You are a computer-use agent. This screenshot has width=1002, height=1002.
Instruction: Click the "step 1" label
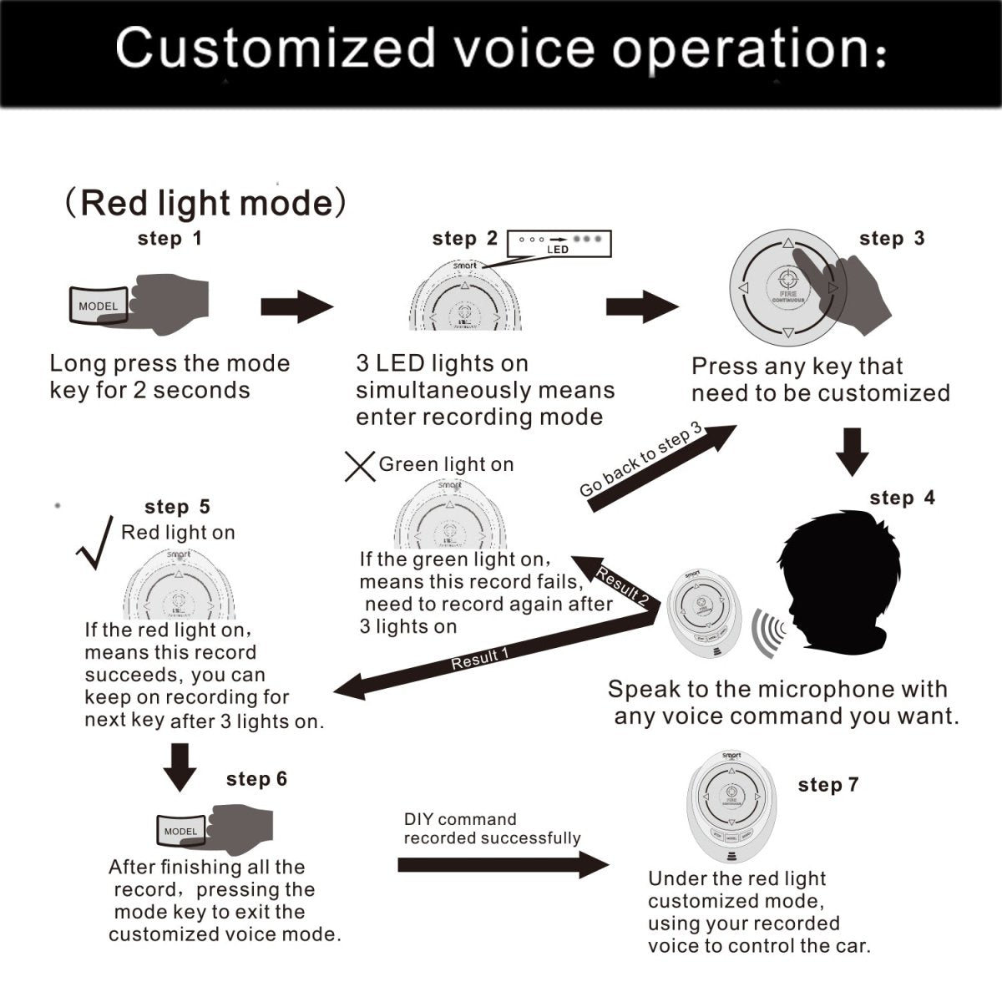pos(170,239)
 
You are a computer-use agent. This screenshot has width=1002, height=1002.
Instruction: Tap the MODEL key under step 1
pos(99,306)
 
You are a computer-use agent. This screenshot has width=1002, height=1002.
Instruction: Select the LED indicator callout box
pos(559,243)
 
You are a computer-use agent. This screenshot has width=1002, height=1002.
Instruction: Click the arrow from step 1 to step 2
pos(296,306)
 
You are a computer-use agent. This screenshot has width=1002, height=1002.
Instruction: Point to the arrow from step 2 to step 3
pos(641,306)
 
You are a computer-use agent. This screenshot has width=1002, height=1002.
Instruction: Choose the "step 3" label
pos(892,239)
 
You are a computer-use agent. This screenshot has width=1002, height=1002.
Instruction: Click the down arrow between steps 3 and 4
pos(852,451)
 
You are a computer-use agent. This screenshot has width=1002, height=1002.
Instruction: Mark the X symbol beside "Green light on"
pos(360,466)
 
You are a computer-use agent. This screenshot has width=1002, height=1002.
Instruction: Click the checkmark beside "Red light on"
pos(95,543)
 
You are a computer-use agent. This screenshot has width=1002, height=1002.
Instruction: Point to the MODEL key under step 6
pos(181,831)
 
